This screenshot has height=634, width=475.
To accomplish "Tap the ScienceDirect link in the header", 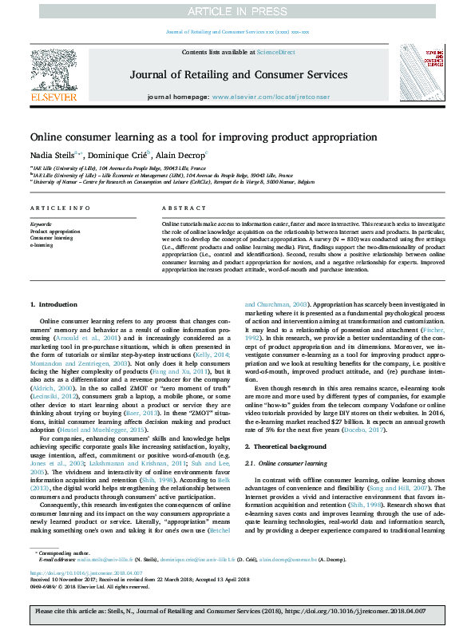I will [275, 51].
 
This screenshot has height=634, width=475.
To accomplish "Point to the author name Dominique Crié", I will [117, 154].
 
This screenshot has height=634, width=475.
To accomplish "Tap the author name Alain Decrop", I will [182, 154].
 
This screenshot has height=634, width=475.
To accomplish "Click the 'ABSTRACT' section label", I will [179, 208].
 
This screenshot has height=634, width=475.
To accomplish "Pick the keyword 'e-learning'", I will [42, 245].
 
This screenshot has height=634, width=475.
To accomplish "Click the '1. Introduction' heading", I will [53, 305].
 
